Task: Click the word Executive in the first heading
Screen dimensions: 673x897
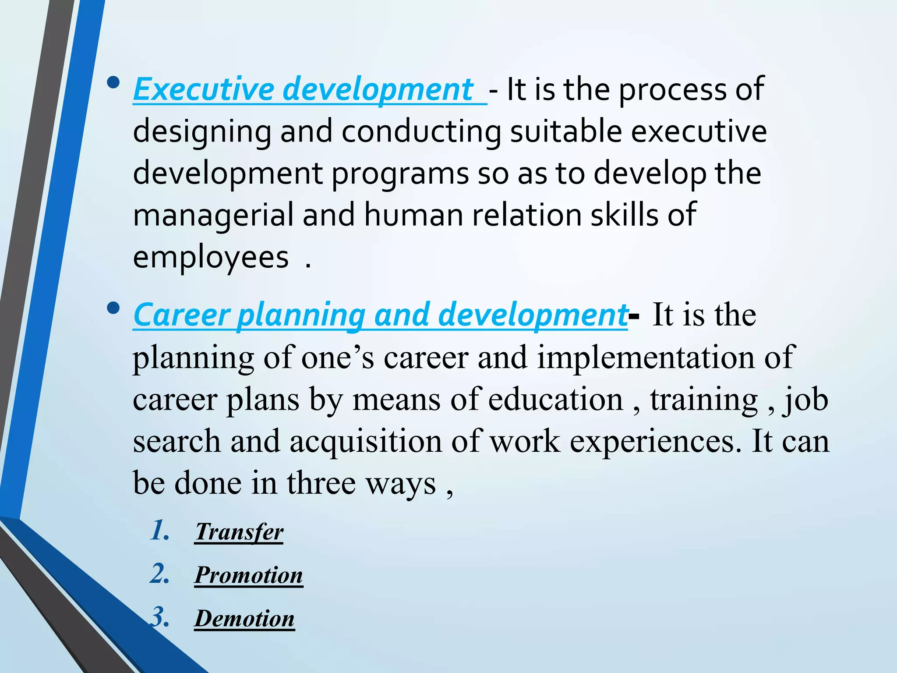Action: tap(203, 89)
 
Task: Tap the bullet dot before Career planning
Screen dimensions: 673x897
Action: tap(113, 308)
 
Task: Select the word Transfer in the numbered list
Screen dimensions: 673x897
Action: tap(239, 532)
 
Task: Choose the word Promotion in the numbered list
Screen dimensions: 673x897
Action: tap(249, 575)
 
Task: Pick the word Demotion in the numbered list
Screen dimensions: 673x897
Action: tap(244, 618)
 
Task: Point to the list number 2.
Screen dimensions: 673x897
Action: tap(159, 574)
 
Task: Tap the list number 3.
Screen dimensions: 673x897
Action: tap(159, 617)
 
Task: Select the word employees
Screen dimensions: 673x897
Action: tap(211, 257)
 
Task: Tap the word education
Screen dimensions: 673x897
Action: tap(555, 399)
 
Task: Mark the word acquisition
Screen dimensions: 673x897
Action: tap(366, 441)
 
